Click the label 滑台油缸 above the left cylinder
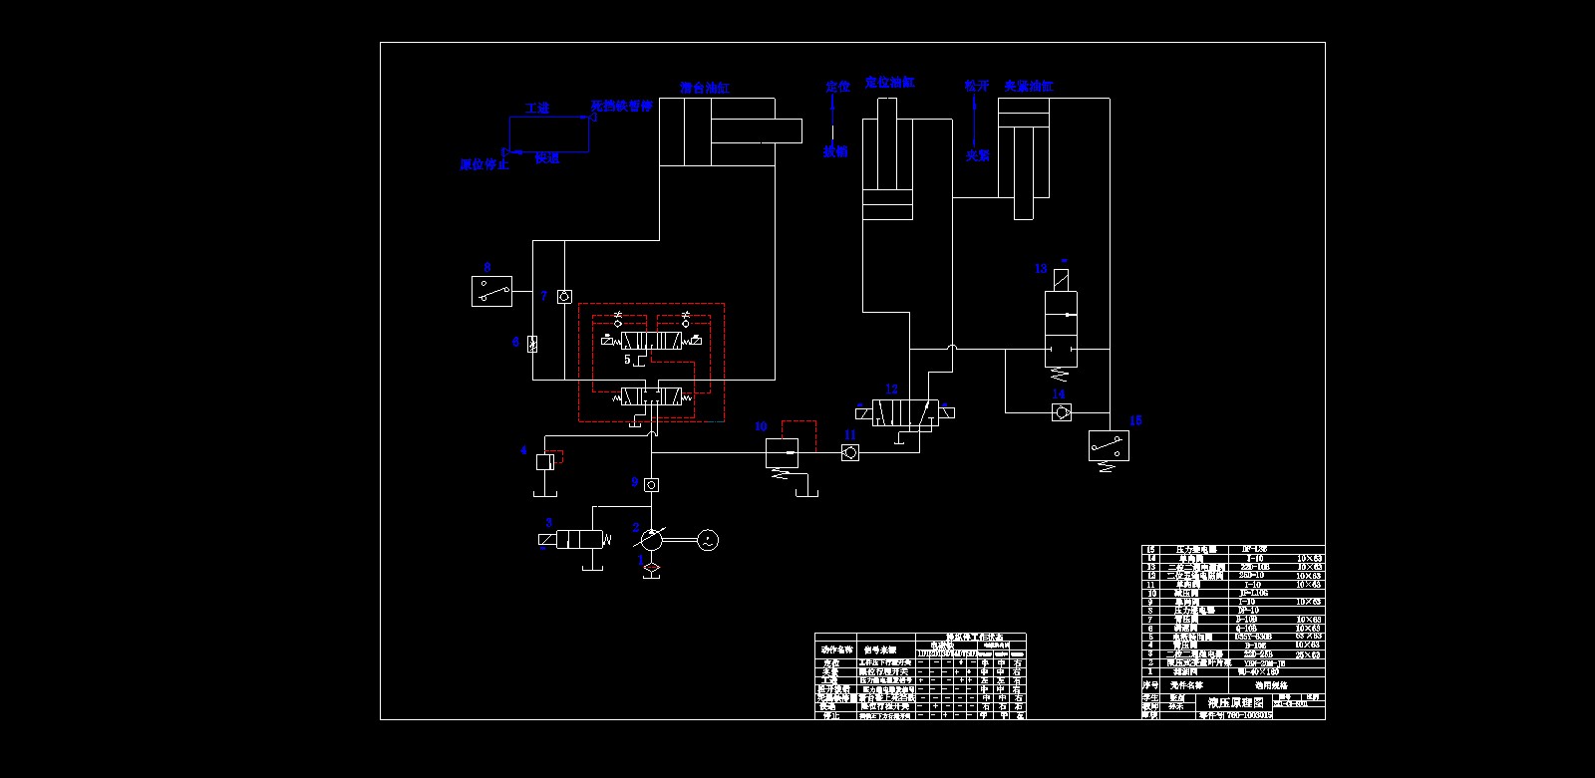click(705, 89)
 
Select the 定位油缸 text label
click(889, 83)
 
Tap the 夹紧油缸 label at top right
click(1028, 87)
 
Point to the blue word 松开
click(977, 87)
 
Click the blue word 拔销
click(835, 151)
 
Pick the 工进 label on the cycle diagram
click(537, 108)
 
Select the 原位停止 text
click(484, 164)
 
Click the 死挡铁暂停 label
click(621, 106)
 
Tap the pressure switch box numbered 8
click(491, 292)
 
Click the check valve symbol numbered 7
click(564, 297)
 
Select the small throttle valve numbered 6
click(532, 344)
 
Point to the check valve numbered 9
click(651, 485)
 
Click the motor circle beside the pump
click(707, 540)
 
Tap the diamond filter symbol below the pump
click(651, 569)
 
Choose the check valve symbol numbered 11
click(849, 453)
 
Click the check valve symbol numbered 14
click(1061, 412)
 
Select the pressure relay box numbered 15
click(1109, 446)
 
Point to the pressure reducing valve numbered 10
click(782, 453)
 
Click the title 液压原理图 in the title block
click(1234, 702)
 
